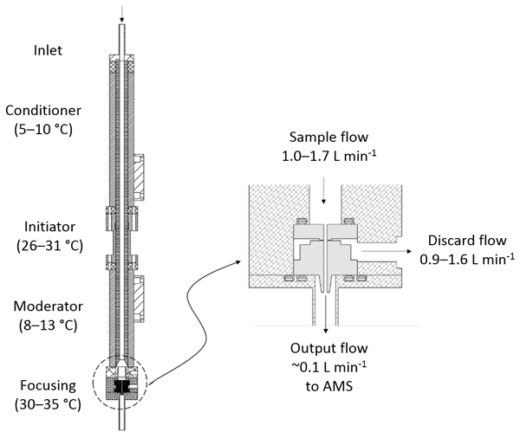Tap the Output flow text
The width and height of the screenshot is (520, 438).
328,349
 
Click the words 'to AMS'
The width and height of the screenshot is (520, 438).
328,387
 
